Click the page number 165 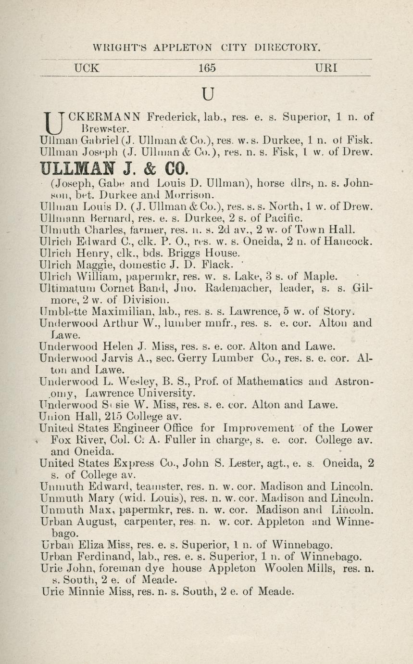tap(207, 68)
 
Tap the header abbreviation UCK tap(87, 68)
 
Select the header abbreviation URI tap(326, 68)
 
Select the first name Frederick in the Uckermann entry tap(174, 117)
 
